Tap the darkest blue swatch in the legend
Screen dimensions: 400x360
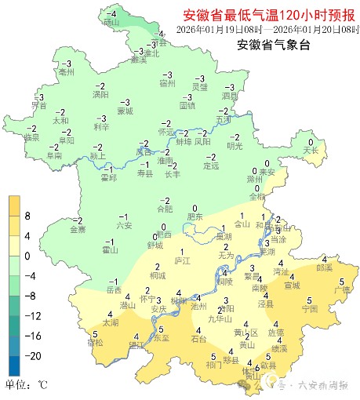14,365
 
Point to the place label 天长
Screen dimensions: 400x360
311,150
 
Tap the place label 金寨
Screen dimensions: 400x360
78,230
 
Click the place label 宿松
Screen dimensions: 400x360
95,344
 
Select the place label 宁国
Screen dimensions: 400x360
309,309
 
